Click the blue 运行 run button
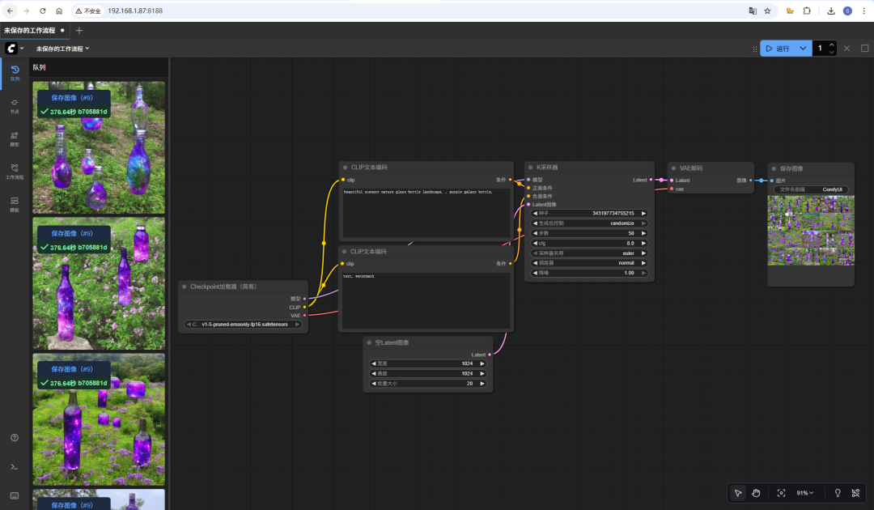tap(778, 49)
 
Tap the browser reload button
tap(42, 11)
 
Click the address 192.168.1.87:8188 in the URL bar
tap(135, 11)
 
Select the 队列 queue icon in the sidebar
tap(15, 73)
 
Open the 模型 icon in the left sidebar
tap(15, 138)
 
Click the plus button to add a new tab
tap(78, 30)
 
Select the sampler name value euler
tap(628, 253)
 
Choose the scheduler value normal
tap(626, 263)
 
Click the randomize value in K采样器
tap(622, 223)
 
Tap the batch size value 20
tap(469, 383)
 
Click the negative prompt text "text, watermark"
tap(359, 277)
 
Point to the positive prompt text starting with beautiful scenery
tap(418, 193)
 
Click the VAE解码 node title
tap(691, 168)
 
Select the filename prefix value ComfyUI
tap(833, 189)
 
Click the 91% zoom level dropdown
tap(805, 493)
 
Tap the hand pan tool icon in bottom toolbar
tap(756, 493)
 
